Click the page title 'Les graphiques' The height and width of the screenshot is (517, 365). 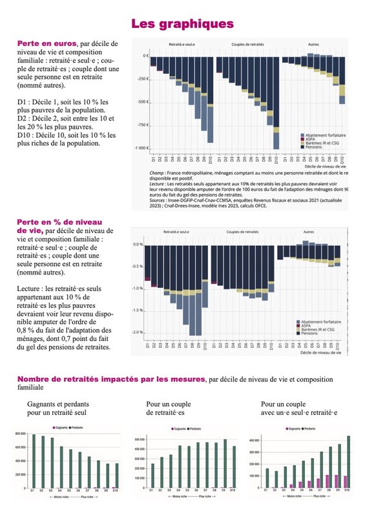click(x=182, y=24)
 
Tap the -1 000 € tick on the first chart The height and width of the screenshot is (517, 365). click(x=140, y=148)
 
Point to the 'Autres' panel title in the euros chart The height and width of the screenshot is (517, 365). click(x=314, y=45)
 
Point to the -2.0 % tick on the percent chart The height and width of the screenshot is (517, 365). click(x=137, y=332)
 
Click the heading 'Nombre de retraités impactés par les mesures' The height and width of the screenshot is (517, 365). click(x=110, y=379)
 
